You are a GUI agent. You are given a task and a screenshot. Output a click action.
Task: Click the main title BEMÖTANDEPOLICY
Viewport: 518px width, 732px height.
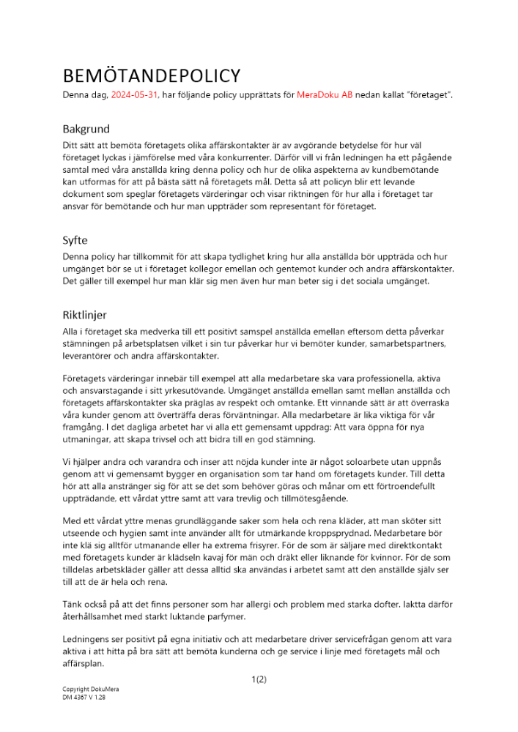click(x=151, y=76)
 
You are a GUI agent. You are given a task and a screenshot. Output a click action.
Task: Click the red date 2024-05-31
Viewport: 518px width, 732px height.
click(x=135, y=96)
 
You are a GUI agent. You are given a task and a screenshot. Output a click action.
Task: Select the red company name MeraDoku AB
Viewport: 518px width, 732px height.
click(x=325, y=96)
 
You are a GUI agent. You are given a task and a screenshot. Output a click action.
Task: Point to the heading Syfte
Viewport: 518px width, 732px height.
click(x=76, y=239)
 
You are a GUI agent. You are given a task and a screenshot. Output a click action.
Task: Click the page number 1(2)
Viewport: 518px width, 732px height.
click(x=259, y=679)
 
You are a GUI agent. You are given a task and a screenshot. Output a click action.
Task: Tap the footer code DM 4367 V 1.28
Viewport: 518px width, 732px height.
click(x=84, y=698)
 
